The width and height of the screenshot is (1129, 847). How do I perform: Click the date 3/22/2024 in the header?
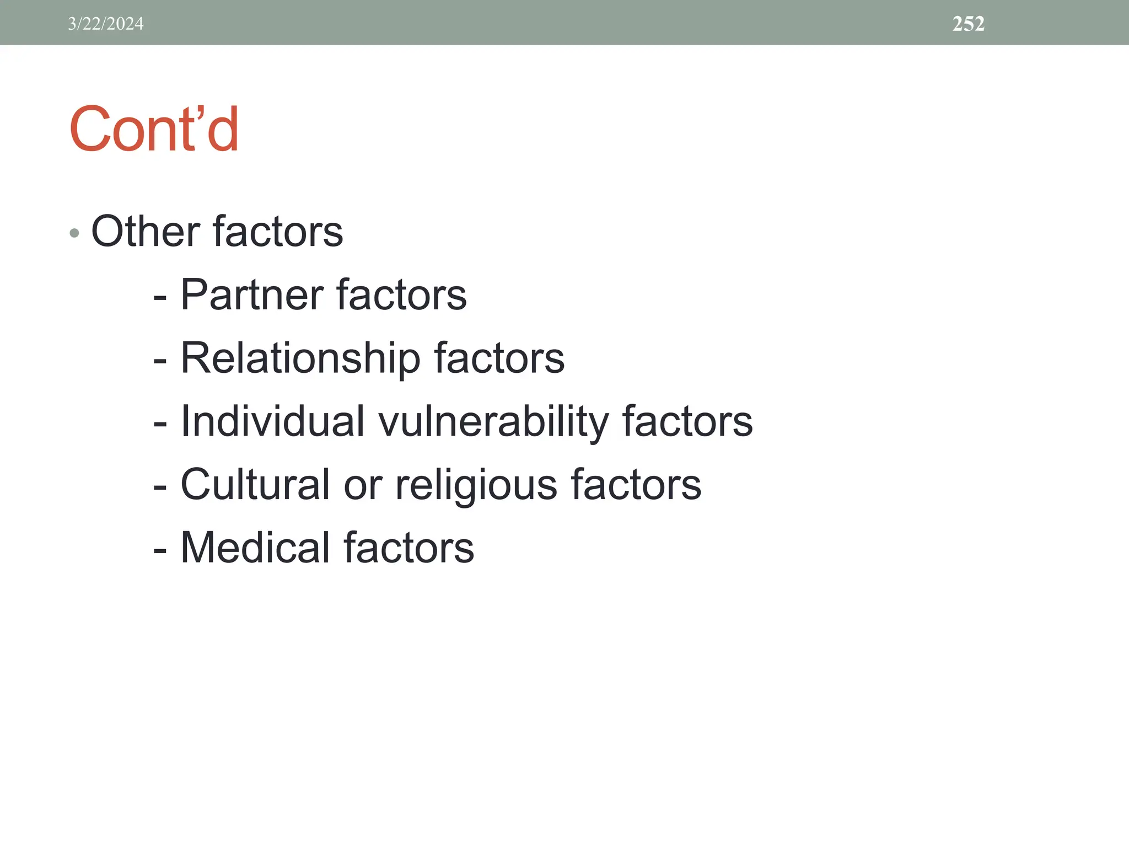click(x=106, y=24)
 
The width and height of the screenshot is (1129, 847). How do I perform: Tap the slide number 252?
click(x=968, y=24)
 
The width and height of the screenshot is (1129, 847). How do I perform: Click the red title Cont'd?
click(x=154, y=130)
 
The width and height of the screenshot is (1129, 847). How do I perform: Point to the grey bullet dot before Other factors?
click(x=75, y=233)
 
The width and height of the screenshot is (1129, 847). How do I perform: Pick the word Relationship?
click(x=300, y=359)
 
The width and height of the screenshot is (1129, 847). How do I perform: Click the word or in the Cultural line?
click(x=362, y=486)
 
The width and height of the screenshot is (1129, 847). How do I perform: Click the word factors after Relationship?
click(x=499, y=359)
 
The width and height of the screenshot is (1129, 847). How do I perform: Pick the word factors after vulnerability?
click(x=687, y=422)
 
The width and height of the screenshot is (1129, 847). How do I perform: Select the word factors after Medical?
click(x=408, y=548)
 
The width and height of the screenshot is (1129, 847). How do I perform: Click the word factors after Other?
click(x=277, y=232)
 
